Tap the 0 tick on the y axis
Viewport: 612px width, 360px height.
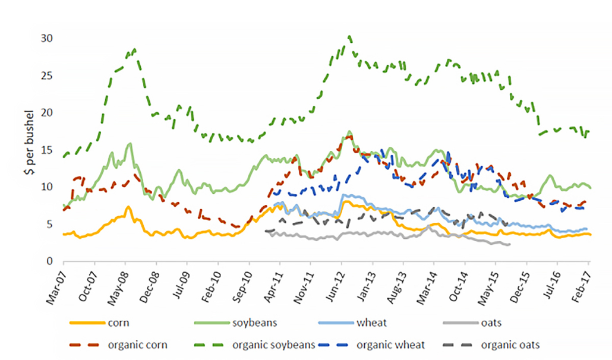point(50,261)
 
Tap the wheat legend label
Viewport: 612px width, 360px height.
point(371,323)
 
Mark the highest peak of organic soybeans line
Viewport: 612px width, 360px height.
point(350,36)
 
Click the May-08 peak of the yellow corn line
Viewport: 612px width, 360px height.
point(128,207)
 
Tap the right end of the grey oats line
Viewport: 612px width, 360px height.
point(510,244)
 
